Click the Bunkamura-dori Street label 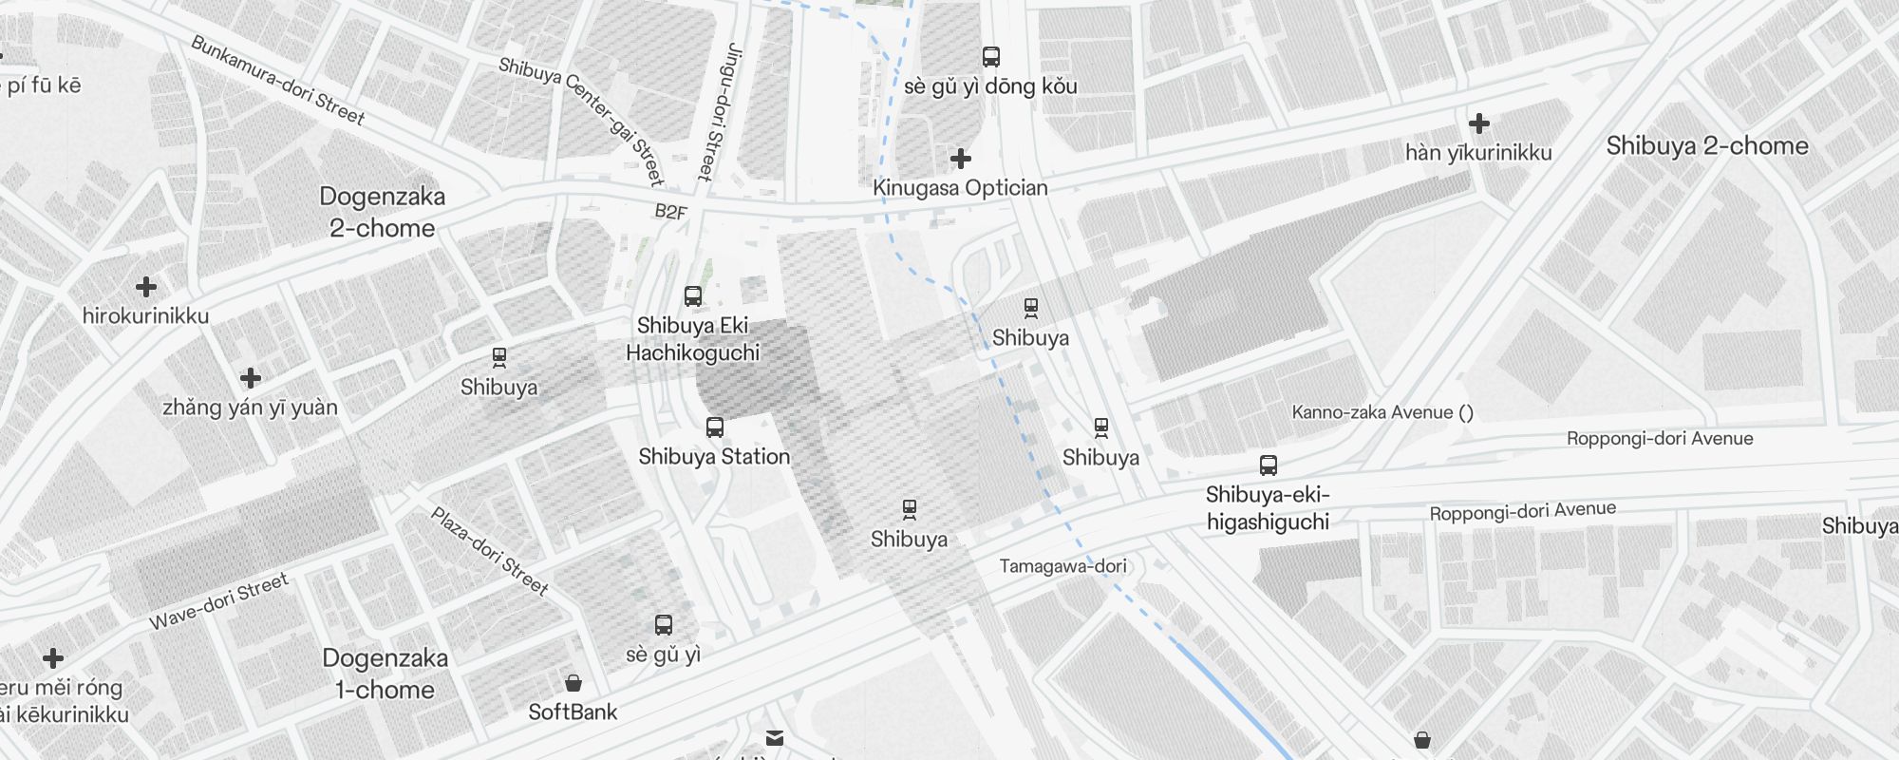(277, 81)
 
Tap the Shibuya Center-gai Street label (580, 120)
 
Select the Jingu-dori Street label (718, 111)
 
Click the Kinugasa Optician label (960, 188)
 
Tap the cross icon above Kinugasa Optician (961, 158)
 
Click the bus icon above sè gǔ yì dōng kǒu (991, 57)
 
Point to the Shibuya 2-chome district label (1706, 146)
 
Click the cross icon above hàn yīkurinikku (1478, 123)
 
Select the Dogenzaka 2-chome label (383, 212)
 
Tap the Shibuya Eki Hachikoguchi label (693, 339)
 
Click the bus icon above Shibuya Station (715, 427)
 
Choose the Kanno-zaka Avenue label (1382, 412)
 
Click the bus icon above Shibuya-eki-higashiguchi (1269, 465)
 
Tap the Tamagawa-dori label (1062, 566)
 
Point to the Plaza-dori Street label (490, 551)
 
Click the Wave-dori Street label (218, 601)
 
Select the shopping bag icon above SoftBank (573, 683)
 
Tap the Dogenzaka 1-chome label (385, 674)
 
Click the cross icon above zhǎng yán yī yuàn (251, 378)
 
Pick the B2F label (670, 212)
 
